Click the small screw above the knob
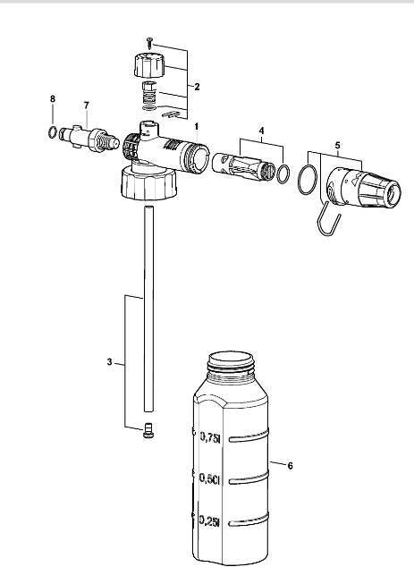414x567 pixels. (149, 43)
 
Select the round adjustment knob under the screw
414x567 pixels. (149, 65)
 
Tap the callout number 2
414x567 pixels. (197, 87)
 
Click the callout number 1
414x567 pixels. (197, 127)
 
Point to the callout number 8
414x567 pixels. (53, 98)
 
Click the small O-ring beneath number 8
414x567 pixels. (53, 132)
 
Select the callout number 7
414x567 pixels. (87, 106)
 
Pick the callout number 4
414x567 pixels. (262, 131)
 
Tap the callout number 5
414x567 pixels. (338, 146)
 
